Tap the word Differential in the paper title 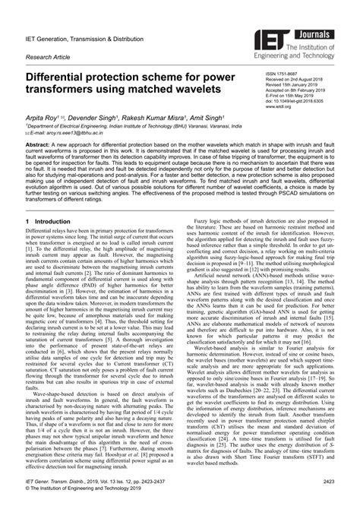[61, 77]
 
